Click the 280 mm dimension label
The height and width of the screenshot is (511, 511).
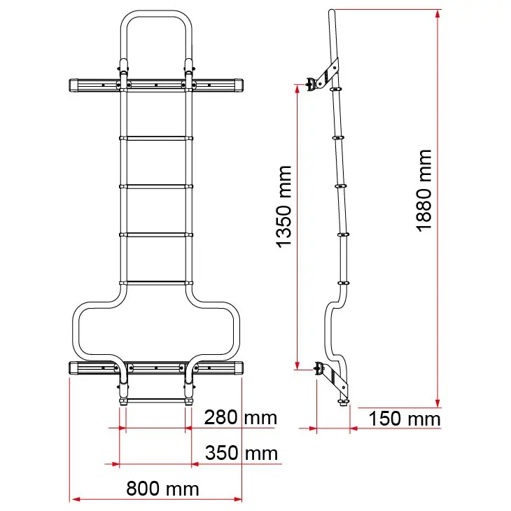[241, 417]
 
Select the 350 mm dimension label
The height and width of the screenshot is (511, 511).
[241, 453]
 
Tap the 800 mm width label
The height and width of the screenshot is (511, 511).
[162, 489]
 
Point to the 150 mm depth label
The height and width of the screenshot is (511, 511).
[405, 419]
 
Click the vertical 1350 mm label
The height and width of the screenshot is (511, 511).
[283, 207]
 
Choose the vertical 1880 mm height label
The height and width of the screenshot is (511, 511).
[424, 190]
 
